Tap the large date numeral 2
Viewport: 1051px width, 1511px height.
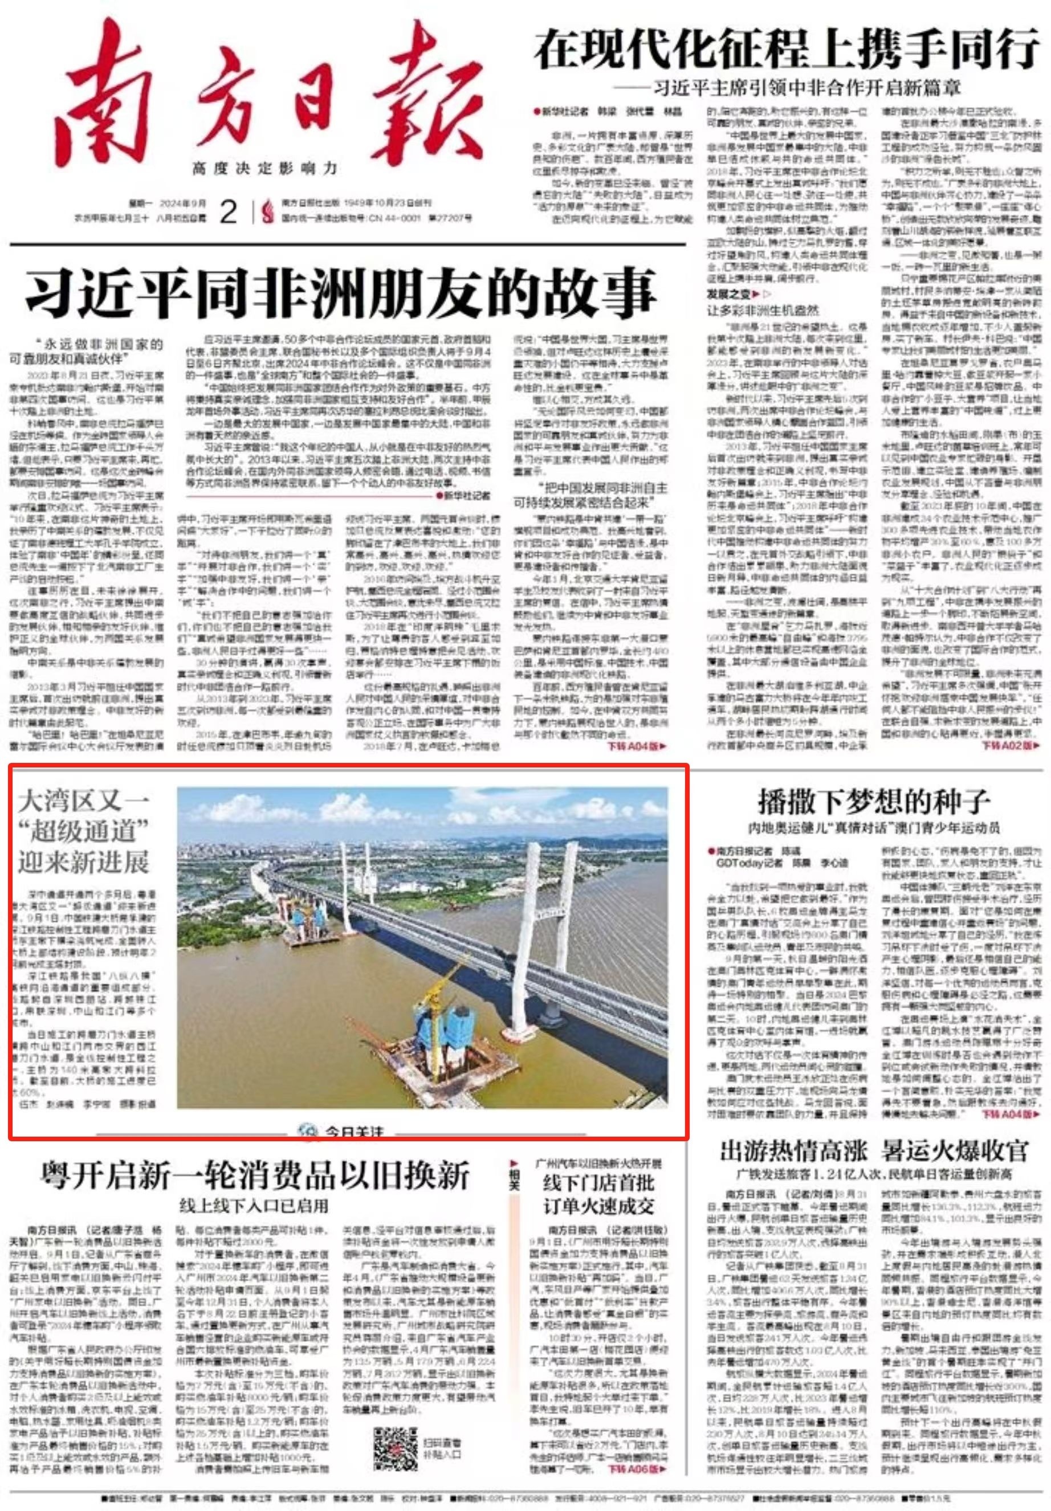(x=228, y=212)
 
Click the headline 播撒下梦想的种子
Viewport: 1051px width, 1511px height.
(x=873, y=802)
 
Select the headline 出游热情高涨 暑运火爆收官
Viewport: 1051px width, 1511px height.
(x=873, y=1151)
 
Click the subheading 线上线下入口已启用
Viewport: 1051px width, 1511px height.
(x=254, y=1206)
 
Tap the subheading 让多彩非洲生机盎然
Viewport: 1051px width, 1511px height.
(x=763, y=309)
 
